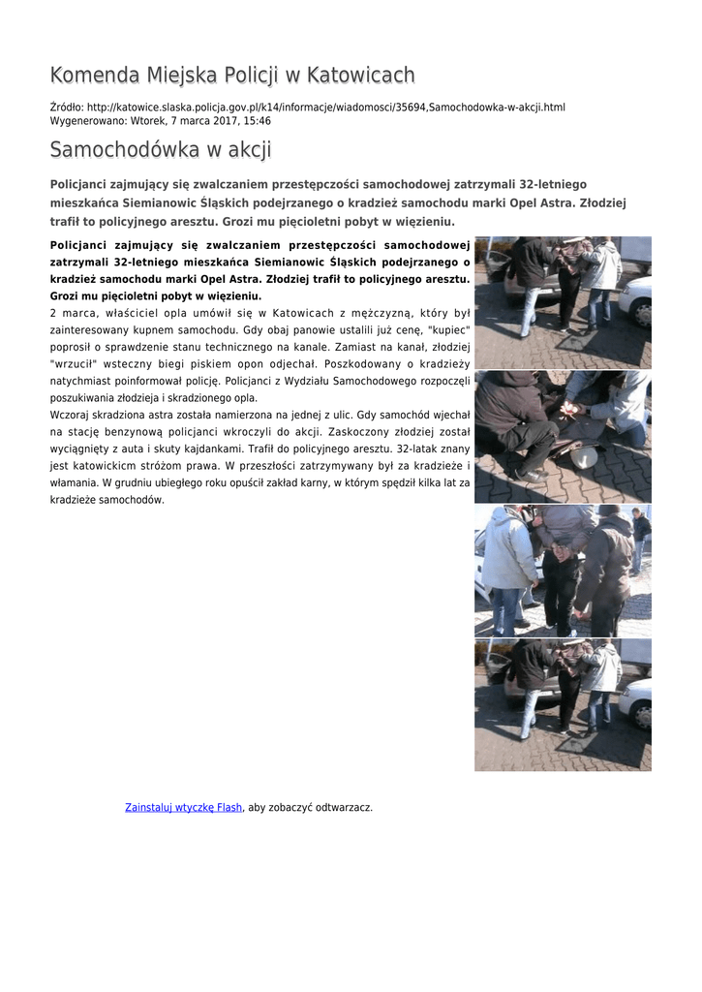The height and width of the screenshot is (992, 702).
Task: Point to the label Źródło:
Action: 66,107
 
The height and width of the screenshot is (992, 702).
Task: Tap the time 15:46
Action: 257,121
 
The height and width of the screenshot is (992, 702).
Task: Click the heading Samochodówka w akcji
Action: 161,150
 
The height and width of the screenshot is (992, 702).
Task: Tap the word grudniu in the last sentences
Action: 133,482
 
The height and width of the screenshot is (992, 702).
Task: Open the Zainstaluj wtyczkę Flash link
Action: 184,807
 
